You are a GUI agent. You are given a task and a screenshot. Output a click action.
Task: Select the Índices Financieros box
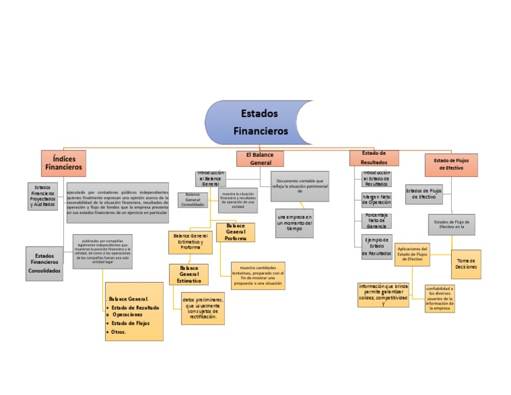[63, 163]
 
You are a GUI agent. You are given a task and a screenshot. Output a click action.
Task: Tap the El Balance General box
[260, 158]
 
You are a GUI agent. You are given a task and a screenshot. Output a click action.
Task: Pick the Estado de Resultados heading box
[374, 158]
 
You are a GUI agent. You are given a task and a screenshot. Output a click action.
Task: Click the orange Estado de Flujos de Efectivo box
[451, 164]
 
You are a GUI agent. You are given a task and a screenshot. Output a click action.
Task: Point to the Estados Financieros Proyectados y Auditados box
[42, 196]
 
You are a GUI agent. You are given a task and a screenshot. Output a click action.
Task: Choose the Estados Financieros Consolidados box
[45, 263]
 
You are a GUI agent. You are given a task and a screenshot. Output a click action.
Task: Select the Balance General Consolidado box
[193, 199]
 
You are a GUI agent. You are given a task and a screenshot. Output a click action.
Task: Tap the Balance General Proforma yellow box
[236, 232]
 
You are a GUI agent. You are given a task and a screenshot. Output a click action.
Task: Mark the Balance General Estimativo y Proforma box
[190, 242]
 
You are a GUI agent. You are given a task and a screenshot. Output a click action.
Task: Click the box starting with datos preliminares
[203, 308]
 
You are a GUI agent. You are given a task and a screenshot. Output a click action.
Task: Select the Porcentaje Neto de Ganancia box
[377, 220]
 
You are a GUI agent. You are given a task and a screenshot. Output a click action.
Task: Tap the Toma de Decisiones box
[466, 263]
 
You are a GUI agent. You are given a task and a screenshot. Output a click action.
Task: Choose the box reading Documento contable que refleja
[299, 184]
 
